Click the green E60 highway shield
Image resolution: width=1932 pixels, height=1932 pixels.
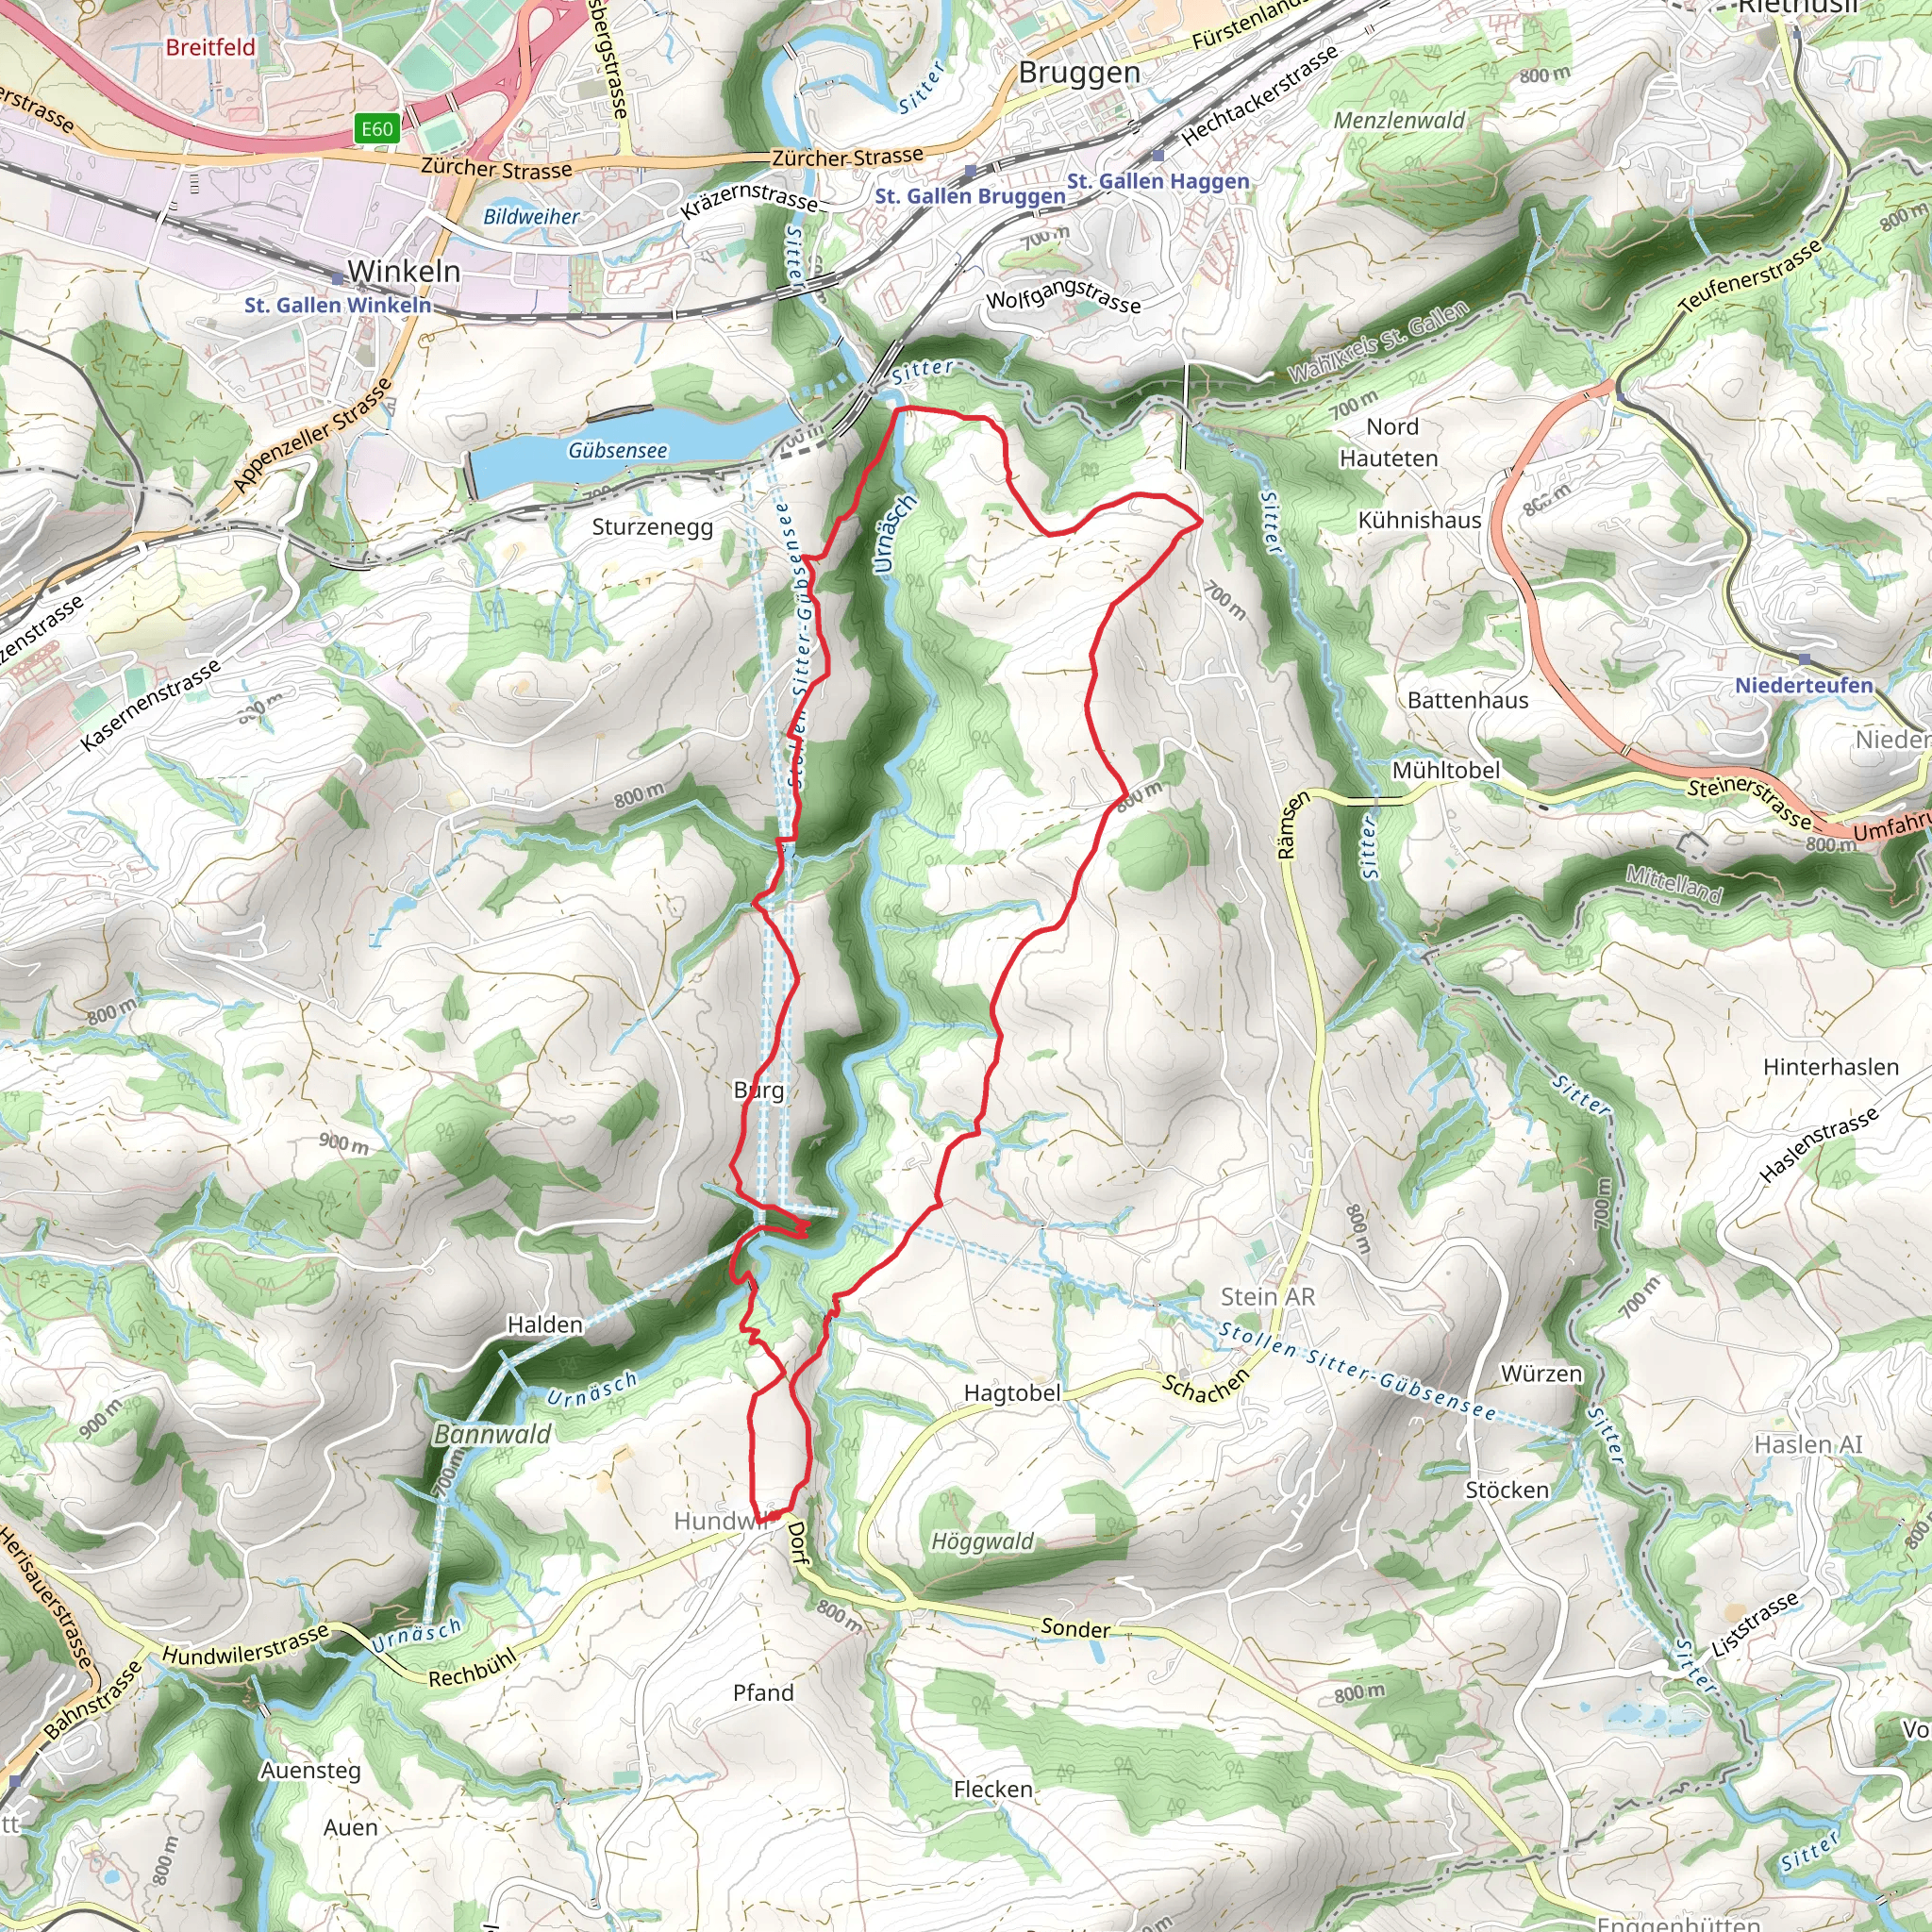(x=377, y=128)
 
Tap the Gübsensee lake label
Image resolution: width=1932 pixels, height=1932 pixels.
(x=617, y=451)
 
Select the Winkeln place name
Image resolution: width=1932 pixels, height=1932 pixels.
(x=404, y=271)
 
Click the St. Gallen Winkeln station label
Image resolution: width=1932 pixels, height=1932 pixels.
(x=338, y=305)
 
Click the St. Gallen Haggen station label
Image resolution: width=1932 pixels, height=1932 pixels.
(x=1158, y=181)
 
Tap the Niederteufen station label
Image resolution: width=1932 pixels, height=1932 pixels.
(x=1803, y=685)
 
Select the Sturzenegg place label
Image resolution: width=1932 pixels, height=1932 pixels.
(x=652, y=527)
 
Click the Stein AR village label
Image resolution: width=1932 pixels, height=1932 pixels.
(x=1268, y=1296)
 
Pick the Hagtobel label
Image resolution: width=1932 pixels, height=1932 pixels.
(x=1012, y=1393)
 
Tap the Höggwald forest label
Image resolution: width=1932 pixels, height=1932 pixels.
(x=982, y=1541)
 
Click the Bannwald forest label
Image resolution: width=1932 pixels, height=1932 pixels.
(x=493, y=1434)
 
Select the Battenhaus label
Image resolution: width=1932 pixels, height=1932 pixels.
(x=1468, y=700)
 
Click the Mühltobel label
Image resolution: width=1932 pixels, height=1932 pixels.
(x=1446, y=770)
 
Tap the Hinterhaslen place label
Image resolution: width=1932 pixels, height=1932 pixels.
(x=1830, y=1067)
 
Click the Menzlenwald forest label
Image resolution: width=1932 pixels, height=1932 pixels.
(x=1399, y=120)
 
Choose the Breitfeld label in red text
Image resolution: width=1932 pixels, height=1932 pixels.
(x=210, y=47)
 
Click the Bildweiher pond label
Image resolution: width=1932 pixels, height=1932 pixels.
(x=531, y=216)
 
